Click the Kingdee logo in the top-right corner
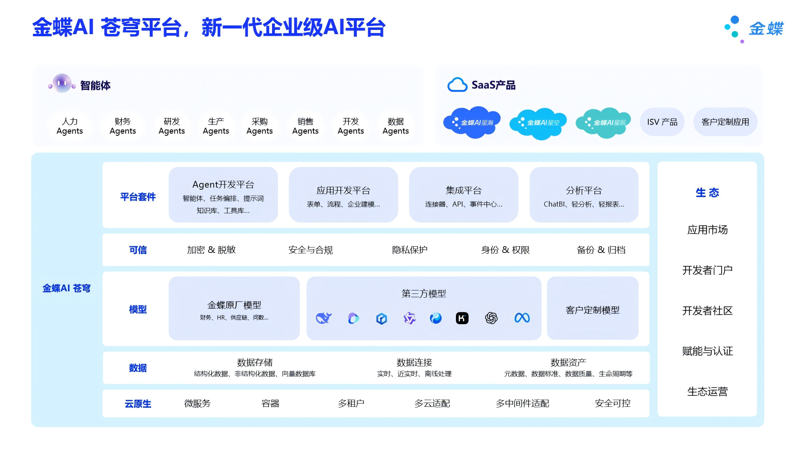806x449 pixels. coord(753,29)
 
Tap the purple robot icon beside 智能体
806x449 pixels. coord(62,83)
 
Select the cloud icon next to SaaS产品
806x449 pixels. coord(457,85)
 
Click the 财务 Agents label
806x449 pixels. coord(123,126)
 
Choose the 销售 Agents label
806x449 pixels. coord(305,126)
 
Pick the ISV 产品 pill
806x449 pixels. coord(662,122)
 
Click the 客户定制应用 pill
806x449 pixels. coord(725,122)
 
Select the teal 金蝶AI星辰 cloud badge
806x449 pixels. coord(604,123)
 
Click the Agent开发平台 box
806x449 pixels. coord(223,195)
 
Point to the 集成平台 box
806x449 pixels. coord(464,195)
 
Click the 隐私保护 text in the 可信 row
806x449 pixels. coord(410,250)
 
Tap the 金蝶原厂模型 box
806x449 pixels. coord(234,308)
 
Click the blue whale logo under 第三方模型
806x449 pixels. coord(323,318)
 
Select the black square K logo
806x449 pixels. coord(462,318)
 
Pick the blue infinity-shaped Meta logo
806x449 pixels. coord(522,318)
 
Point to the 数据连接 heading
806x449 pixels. coord(414,362)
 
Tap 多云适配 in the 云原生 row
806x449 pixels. coord(432,403)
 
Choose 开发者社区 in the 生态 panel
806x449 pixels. coord(707,311)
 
